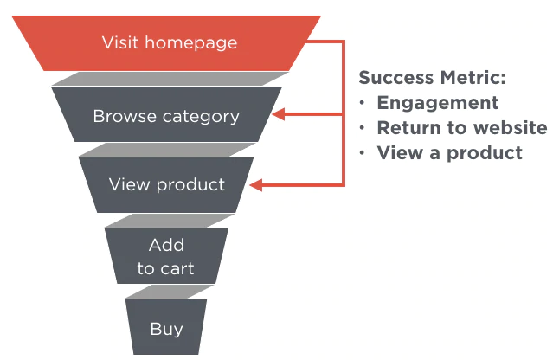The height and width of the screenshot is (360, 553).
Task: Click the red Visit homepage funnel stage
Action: pyautogui.click(x=169, y=42)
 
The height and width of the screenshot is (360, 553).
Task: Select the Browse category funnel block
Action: pyautogui.click(x=166, y=115)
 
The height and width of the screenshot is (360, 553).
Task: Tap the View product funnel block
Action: pyautogui.click(x=166, y=184)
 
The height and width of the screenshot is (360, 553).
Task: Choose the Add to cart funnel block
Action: pyautogui.click(x=166, y=256)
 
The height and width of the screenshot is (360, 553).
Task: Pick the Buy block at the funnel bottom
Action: pyautogui.click(x=166, y=328)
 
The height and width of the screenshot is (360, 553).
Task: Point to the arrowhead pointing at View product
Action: pyautogui.click(x=255, y=184)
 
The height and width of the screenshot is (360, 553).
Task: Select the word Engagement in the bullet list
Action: pyautogui.click(x=438, y=103)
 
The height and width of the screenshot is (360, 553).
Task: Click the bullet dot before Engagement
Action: pyautogui.click(x=363, y=103)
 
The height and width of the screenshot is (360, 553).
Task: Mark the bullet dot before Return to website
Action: pyautogui.click(x=363, y=128)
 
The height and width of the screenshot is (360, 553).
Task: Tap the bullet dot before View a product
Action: pyautogui.click(x=363, y=153)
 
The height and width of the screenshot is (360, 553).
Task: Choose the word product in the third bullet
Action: pyautogui.click(x=485, y=154)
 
